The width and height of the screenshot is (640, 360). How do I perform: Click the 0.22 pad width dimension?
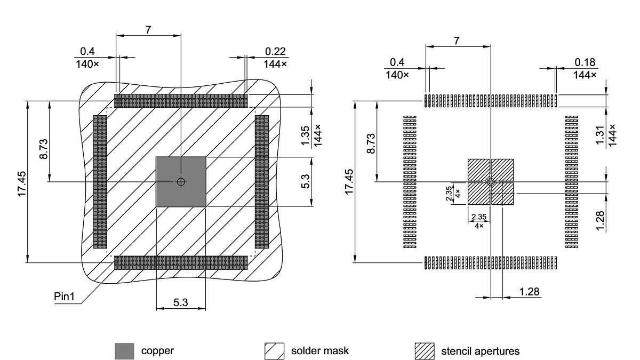point(275,52)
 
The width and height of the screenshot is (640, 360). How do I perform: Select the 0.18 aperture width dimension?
point(585,62)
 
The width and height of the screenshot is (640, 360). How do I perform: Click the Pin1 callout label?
point(65,296)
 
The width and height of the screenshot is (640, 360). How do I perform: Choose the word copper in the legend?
point(157,351)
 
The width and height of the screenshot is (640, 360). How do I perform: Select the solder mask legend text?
point(320,351)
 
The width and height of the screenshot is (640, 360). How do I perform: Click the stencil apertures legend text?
point(480,351)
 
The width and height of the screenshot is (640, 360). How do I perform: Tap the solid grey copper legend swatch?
point(124,351)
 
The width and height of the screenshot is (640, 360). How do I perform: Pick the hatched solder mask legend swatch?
point(274,351)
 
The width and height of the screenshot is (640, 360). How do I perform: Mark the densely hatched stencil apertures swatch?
point(425,351)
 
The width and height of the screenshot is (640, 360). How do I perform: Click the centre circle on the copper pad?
point(181,182)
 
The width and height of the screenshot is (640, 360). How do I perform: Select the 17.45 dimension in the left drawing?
point(22,185)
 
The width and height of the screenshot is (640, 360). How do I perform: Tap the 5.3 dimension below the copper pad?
point(180,303)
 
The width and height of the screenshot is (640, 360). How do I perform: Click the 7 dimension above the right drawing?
point(457,41)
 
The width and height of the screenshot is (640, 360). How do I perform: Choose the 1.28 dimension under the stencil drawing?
point(529,292)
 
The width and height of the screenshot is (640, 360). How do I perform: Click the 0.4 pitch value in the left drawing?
point(87,52)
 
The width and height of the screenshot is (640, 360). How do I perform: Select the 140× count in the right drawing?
point(397,75)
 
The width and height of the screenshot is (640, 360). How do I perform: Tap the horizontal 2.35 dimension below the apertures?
point(478,217)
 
